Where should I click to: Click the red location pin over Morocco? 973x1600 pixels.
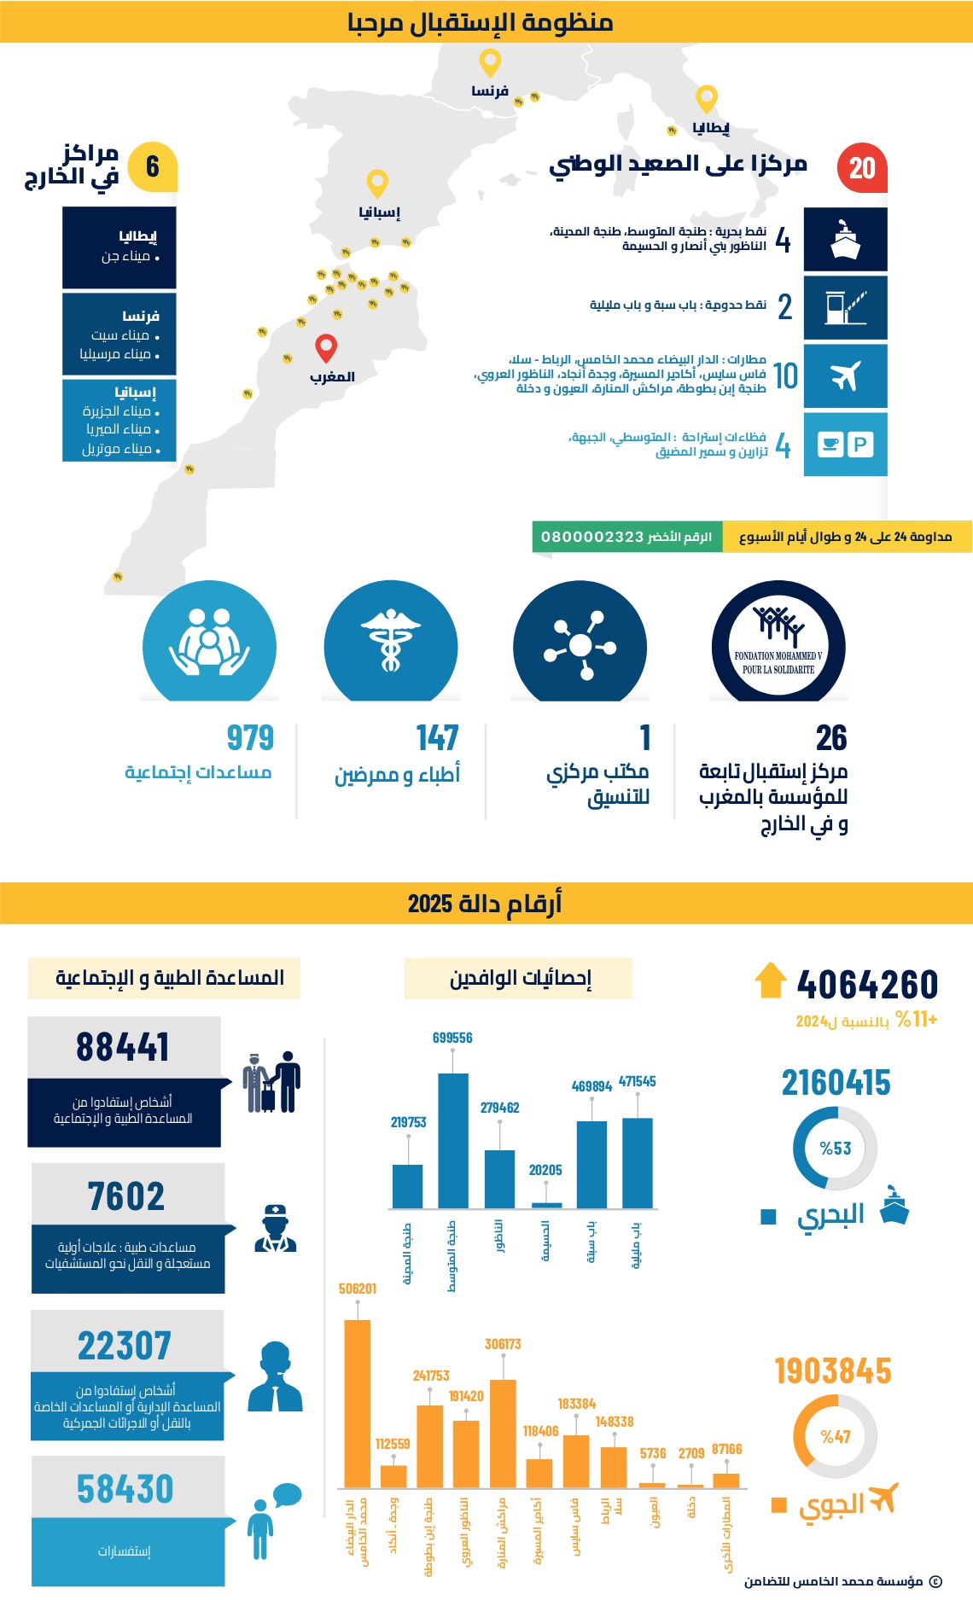tap(326, 346)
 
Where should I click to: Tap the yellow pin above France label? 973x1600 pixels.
tap(490, 62)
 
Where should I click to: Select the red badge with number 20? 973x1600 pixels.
tap(862, 167)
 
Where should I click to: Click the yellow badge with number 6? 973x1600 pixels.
tap(153, 166)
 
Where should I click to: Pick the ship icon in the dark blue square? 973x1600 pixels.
tap(845, 240)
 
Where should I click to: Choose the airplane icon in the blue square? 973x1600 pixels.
tap(845, 375)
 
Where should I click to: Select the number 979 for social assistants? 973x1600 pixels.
tap(250, 738)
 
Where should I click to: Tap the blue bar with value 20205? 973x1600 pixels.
tap(546, 1205)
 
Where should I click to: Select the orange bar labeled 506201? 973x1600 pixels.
tap(357, 1403)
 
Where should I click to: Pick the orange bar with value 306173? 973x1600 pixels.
tap(503, 1434)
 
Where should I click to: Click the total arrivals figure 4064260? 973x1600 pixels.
tap(867, 985)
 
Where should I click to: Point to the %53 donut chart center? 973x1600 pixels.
tap(835, 1149)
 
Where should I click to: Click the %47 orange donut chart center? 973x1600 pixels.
tap(835, 1437)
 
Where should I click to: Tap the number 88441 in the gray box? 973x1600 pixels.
tap(123, 1047)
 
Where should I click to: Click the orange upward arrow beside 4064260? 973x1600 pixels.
tap(770, 980)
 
